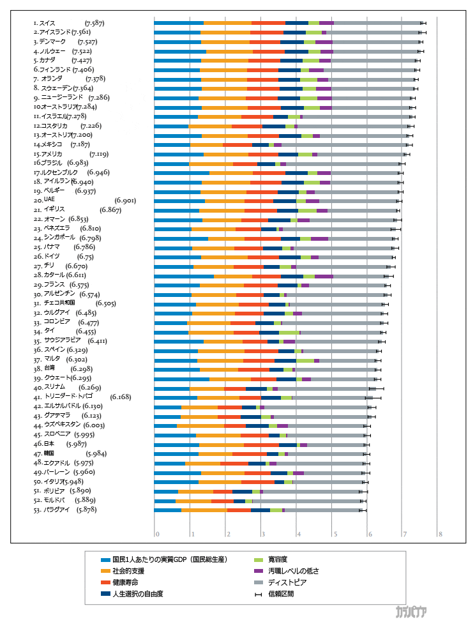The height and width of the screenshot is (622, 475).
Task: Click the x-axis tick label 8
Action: point(440,534)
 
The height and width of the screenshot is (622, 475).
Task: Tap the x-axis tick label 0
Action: point(157,534)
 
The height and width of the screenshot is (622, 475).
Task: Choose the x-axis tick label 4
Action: point(298,534)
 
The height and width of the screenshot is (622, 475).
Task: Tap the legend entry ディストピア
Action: point(284,582)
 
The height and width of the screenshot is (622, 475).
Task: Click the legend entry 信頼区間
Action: point(280,594)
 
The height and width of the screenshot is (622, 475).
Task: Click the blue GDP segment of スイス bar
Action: point(179,23)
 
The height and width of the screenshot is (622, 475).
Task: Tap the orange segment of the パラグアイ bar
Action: point(204,510)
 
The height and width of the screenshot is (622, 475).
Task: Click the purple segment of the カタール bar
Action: point(324,276)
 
